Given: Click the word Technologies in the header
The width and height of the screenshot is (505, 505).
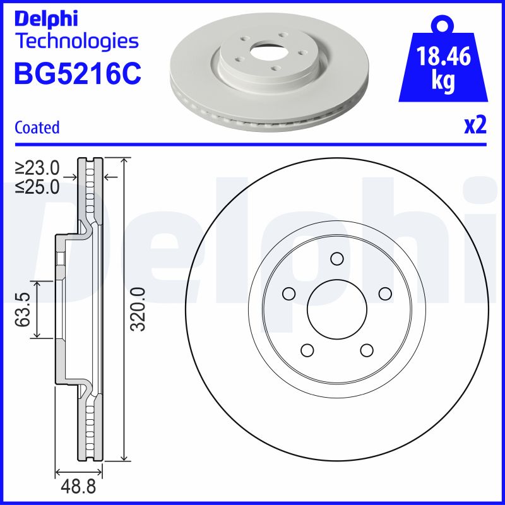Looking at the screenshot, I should coord(76,42).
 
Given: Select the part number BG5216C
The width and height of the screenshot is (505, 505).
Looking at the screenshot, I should coord(77,74).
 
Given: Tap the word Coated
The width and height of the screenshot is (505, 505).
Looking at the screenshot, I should coord(37,127).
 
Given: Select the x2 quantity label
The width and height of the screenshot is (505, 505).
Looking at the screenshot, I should coord(475,126).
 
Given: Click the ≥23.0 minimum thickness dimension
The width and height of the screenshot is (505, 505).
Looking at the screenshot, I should coord(38,168).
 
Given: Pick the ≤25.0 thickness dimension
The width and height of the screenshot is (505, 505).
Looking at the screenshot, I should coord(38,186).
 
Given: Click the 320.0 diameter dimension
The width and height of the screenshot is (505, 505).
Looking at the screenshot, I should coord(138,309).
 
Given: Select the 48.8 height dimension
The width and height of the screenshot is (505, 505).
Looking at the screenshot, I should coord(80,489).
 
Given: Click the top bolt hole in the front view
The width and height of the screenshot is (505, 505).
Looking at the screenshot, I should coord(336,258).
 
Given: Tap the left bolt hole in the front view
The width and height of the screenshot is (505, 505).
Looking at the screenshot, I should coord(289,294).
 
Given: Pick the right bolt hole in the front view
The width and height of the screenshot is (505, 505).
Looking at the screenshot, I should coord(384,293).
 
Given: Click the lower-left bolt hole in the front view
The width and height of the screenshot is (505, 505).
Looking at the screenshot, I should coord(307,349).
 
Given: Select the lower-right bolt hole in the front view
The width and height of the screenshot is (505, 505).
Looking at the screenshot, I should coord(366,349).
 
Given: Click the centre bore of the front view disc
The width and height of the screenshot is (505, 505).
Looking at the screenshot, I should coord(336,309).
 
